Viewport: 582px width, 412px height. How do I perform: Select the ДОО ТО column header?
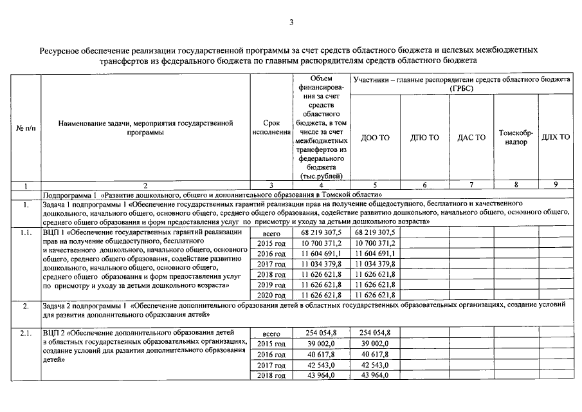point(376,138)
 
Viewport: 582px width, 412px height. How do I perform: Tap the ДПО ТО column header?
point(424,138)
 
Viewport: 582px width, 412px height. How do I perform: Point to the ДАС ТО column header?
point(471,138)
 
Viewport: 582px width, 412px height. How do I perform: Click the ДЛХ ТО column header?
point(556,138)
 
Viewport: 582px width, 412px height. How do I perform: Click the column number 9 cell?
point(556,185)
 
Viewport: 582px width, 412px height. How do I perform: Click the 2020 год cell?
point(271,295)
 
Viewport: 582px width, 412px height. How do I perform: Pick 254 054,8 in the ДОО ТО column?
point(376,333)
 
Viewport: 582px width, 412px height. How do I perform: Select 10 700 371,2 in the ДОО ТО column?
point(376,243)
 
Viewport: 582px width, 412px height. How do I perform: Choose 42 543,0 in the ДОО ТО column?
point(376,364)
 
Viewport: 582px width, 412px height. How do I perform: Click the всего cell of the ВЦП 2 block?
point(271,333)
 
